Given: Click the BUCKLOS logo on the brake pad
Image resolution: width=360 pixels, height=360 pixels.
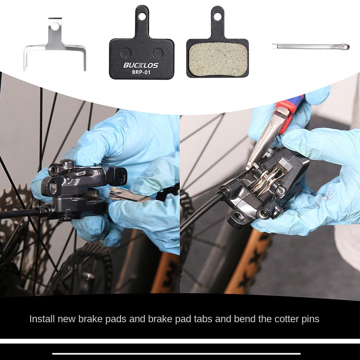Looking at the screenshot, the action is pos(141,65).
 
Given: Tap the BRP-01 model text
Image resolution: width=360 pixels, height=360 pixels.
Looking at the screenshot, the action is pos(141,72).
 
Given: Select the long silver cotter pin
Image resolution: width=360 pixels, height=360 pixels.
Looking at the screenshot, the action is pos(311,47).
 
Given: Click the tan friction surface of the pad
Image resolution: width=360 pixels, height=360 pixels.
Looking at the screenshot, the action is pos(218,59).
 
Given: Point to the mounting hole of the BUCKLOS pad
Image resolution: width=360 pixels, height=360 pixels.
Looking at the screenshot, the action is pos(142,16).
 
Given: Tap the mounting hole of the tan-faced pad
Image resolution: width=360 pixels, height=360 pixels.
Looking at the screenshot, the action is pos(217,16).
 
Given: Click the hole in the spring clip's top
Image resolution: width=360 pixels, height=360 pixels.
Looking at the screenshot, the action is pos(55,27).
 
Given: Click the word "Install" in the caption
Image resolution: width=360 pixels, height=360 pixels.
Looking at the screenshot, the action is pos(42,319).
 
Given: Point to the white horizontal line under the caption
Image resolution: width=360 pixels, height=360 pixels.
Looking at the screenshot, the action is pos(176,354).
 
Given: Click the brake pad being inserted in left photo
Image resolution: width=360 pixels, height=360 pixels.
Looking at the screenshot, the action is pos(129,195).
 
